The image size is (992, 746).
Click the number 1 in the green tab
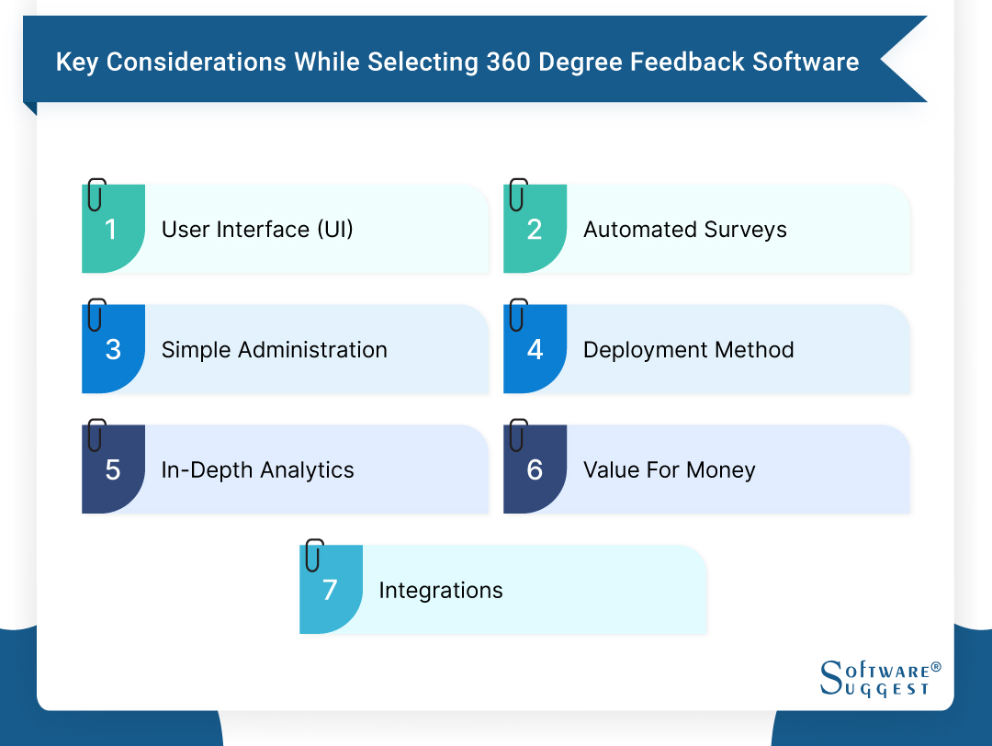click(x=111, y=230)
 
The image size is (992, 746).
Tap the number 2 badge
click(x=535, y=230)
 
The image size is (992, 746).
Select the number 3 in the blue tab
click(x=113, y=350)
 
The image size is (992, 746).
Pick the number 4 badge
click(x=535, y=350)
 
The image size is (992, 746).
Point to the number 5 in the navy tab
click(x=113, y=470)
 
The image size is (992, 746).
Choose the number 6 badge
click(x=535, y=470)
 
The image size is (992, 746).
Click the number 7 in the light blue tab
click(x=331, y=590)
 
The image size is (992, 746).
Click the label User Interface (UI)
click(x=257, y=230)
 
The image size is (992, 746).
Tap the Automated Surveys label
click(x=685, y=230)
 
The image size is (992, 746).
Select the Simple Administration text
click(x=274, y=350)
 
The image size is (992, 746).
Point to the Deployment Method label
click(x=688, y=350)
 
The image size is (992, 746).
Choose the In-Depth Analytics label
click(x=257, y=470)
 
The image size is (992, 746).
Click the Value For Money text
click(x=669, y=470)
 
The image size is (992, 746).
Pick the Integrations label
click(x=441, y=590)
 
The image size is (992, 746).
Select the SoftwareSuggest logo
click(x=880, y=678)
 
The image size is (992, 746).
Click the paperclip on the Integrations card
click(x=315, y=555)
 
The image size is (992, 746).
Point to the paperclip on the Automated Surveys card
click(x=518, y=195)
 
